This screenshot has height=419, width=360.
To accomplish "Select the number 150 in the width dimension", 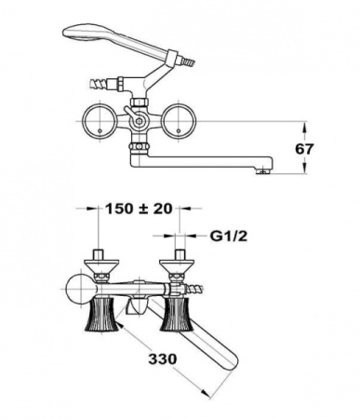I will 120,209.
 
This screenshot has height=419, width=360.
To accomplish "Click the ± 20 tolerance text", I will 160,209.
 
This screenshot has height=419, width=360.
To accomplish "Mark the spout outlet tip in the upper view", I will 268,169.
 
